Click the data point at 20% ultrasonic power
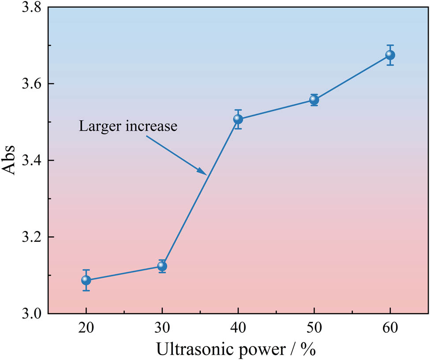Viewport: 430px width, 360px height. click(x=86, y=280)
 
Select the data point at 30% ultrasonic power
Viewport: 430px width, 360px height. click(x=162, y=266)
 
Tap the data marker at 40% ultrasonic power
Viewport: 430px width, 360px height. click(x=238, y=119)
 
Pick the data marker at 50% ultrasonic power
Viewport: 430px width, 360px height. click(x=314, y=100)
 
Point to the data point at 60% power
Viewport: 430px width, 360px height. click(x=390, y=55)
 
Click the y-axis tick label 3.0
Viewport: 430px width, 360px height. click(x=32, y=314)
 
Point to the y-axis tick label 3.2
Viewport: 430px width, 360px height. click(x=32, y=237)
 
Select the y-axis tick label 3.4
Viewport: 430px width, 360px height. click(x=32, y=161)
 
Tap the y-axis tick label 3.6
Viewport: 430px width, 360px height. click(x=32, y=84)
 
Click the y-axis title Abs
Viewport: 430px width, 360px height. click(x=11, y=161)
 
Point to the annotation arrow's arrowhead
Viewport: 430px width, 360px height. click(x=202, y=172)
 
